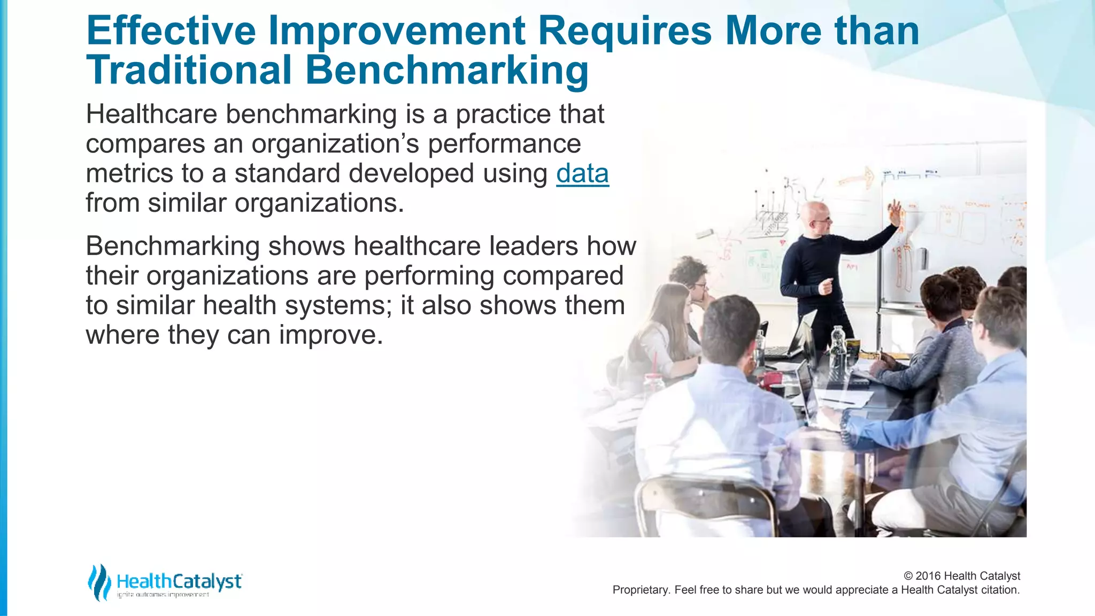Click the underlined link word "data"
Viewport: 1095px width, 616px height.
(582, 174)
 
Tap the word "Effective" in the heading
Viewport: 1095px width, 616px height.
(171, 30)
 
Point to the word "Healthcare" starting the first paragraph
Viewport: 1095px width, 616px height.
(151, 114)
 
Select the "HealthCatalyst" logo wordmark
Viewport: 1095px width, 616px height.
(179, 581)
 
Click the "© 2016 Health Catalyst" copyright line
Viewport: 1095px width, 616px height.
(962, 576)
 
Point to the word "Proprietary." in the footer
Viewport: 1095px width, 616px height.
(641, 590)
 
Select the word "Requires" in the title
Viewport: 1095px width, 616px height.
(624, 30)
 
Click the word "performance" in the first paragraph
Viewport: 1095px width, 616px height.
(504, 144)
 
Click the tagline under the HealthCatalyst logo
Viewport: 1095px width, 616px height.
(163, 595)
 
